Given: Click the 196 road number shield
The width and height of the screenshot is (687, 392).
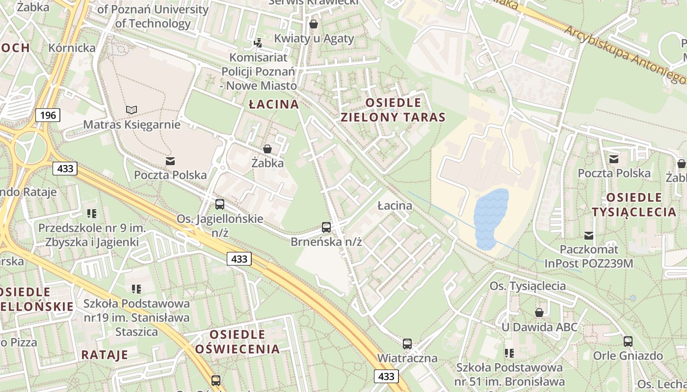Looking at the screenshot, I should [48, 115].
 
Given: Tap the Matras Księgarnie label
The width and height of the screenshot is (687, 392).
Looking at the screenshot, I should [132, 124].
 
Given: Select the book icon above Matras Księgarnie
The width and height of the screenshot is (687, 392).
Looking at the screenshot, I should [132, 110].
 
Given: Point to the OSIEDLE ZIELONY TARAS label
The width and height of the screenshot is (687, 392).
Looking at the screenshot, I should [393, 110].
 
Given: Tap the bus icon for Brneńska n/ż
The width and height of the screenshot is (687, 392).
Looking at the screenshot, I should [326, 227].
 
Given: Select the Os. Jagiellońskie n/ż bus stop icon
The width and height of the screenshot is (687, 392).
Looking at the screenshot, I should [220, 204].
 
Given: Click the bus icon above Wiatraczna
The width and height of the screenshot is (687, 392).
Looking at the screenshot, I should [407, 343].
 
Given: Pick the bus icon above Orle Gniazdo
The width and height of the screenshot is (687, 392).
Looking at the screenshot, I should [628, 342].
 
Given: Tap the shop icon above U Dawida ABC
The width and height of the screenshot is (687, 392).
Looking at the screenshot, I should [539, 312].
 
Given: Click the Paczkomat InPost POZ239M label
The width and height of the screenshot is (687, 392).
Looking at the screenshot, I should [589, 256].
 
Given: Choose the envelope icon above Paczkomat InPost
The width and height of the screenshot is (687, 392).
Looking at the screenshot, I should [589, 236].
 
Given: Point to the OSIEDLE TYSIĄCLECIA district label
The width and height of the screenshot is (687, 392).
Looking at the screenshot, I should [634, 205].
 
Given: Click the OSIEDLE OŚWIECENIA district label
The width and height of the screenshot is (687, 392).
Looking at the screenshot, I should [238, 342].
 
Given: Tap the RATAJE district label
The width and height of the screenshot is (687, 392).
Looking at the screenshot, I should [105, 354].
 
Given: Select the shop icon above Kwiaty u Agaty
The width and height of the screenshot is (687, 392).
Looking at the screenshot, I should [314, 24].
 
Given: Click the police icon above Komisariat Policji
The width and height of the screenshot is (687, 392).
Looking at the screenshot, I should [258, 43].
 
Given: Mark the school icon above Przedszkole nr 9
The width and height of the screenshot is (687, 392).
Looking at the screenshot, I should [91, 213].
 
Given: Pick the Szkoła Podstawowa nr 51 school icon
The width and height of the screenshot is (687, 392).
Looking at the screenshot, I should [509, 353].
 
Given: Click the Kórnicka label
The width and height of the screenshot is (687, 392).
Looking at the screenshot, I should [72, 48].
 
